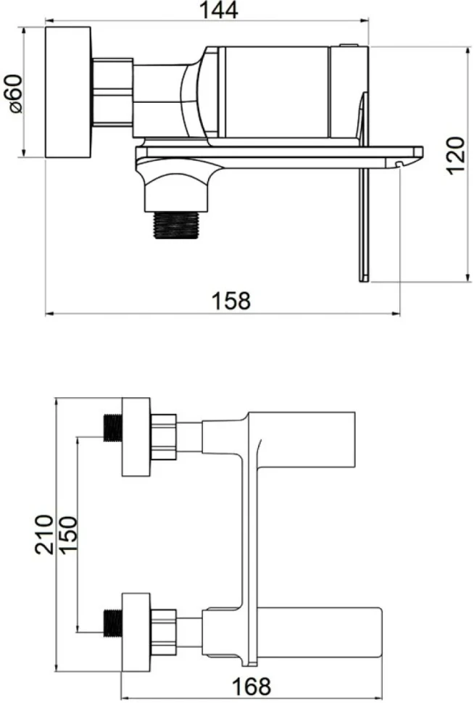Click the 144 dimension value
point(218,10)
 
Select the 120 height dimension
point(455,156)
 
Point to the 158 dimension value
point(231,300)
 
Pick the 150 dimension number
point(69,535)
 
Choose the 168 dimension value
point(251,686)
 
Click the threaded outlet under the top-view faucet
point(176,225)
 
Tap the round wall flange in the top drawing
point(68,92)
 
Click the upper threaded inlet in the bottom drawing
point(113,428)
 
